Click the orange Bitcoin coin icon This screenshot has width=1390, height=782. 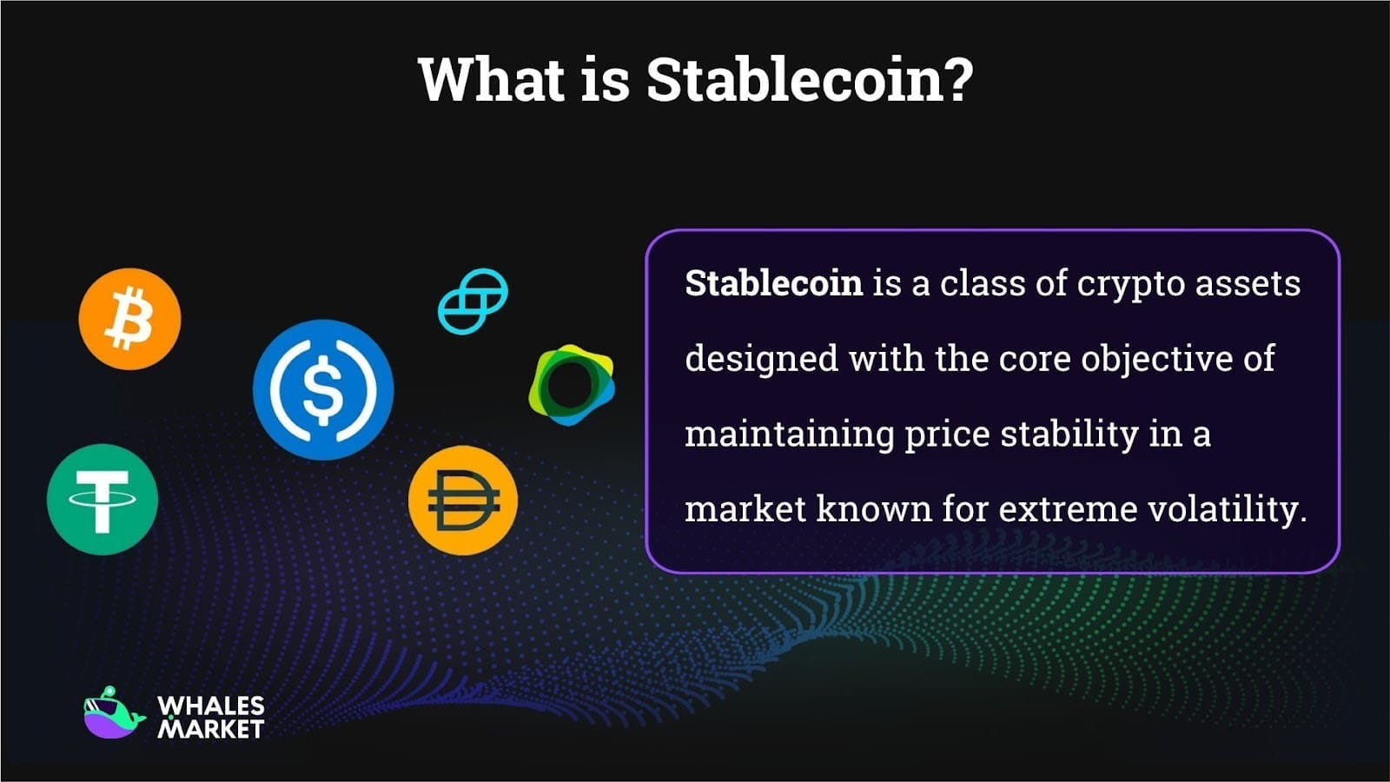129,319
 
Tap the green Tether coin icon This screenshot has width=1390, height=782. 103,500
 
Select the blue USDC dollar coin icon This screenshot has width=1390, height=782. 323,389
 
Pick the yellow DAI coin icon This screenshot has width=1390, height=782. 463,500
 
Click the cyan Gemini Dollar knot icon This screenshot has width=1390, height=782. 473,301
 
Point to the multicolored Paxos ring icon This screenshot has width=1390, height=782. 571,385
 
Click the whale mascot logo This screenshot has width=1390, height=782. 113,714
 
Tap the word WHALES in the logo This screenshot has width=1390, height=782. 211,706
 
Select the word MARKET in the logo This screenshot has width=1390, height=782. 211,730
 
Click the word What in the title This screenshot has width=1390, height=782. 491,80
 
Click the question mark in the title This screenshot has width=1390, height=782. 956,80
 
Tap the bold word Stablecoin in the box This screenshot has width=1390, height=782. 773,283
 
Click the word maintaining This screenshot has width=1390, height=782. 789,434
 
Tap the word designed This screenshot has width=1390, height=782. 761,359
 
